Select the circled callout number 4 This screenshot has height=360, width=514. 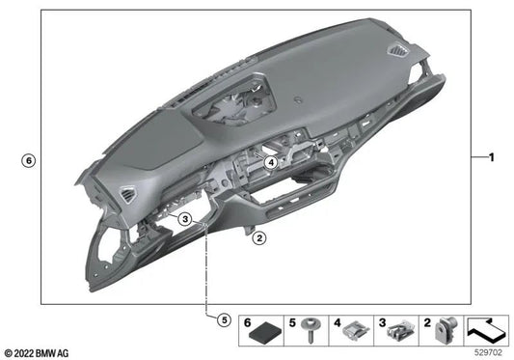coord(272,164)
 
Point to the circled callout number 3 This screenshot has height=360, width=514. coord(184,220)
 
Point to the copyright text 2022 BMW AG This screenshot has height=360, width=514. coord(38,352)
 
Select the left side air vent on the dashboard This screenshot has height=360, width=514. coord(128,199)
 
